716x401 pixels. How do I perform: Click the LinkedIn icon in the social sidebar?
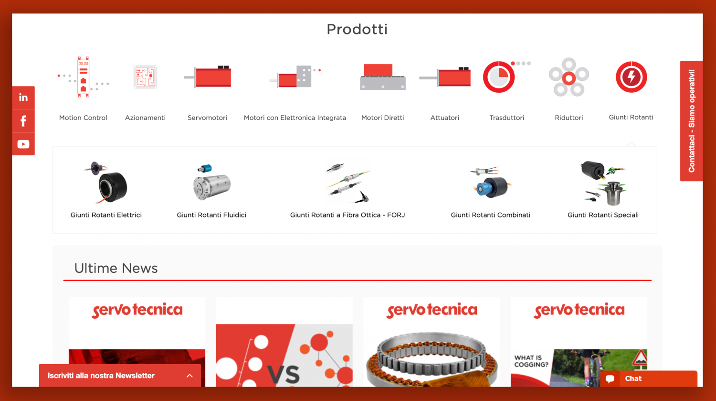[23, 98]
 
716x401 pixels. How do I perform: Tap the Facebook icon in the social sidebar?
[23, 121]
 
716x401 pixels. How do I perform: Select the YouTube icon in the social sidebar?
[23, 144]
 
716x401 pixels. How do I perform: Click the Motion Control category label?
[83, 118]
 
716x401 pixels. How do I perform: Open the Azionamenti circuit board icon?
[145, 77]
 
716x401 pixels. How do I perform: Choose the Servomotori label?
[207, 118]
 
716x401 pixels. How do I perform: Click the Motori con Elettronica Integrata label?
[295, 118]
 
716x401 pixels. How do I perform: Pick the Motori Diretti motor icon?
[383, 77]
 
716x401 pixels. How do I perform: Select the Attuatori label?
[444, 118]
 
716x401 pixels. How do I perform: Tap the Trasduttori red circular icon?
[499, 77]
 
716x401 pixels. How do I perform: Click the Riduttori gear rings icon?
[569, 77]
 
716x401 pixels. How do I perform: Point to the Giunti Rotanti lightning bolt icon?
[632, 77]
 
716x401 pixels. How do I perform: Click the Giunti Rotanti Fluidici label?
[211, 215]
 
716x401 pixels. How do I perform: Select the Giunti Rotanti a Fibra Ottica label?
[347, 215]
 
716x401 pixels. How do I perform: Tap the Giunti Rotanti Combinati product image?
[491, 183]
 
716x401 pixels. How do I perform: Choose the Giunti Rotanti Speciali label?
[603, 215]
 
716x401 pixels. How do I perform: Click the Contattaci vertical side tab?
[691, 121]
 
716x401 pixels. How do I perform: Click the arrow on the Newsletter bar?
[190, 376]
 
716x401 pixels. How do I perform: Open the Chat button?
[649, 379]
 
